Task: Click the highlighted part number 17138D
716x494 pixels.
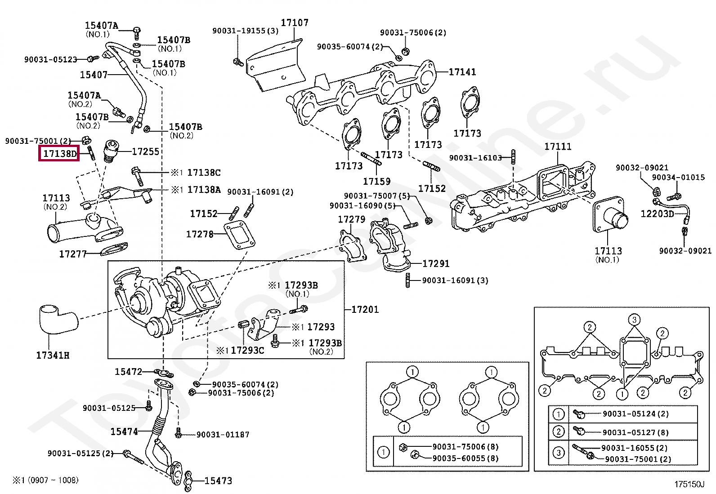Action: point(60,154)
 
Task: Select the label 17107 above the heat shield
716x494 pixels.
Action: point(295,22)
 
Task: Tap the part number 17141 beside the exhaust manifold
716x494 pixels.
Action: point(462,72)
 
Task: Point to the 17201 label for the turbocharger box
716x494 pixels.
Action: point(365,309)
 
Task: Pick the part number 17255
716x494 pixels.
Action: point(145,151)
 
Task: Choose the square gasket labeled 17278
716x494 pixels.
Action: point(239,236)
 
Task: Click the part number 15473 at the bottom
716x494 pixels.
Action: point(218,481)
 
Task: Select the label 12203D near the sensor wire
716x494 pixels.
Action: point(657,214)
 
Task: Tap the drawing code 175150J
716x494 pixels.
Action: point(689,485)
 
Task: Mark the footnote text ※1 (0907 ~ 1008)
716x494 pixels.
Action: point(45,480)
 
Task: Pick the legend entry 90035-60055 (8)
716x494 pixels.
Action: point(465,458)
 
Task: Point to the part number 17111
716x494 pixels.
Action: point(558,147)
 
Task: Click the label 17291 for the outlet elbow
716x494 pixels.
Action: point(436,263)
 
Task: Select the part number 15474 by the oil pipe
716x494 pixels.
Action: point(124,432)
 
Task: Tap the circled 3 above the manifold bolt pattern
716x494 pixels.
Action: point(634,320)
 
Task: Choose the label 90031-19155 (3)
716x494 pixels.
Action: point(246,31)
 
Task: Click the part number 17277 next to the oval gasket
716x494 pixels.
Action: point(73,254)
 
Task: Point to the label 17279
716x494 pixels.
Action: point(352,219)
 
